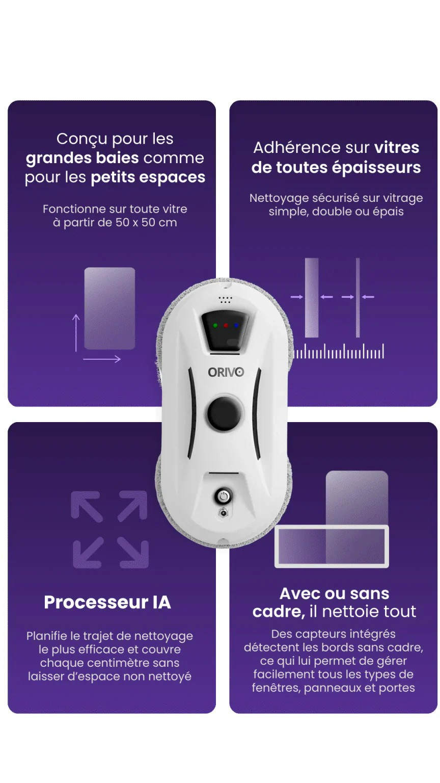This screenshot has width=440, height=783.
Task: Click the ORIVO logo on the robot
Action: click(x=226, y=372)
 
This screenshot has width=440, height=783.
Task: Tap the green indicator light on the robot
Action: click(x=215, y=325)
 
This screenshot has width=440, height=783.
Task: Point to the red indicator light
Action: click(x=226, y=325)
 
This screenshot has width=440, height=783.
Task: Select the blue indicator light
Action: click(x=236, y=325)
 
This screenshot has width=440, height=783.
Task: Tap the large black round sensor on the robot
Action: click(x=224, y=413)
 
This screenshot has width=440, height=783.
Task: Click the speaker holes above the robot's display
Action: click(x=226, y=300)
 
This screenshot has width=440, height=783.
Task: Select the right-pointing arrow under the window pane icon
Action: click(x=102, y=359)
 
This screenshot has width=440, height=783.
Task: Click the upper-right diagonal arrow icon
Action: click(x=132, y=506)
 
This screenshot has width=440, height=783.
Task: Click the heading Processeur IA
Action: click(x=107, y=602)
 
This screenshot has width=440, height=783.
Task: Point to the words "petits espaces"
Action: click(x=148, y=177)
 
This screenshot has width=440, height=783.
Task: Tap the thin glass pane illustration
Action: click(x=358, y=298)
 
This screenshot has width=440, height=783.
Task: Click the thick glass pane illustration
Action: click(x=312, y=298)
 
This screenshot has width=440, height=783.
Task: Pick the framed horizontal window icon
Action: click(x=332, y=546)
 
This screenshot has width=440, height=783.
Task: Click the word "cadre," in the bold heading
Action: click(x=279, y=611)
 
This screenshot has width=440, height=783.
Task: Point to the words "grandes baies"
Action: click(x=82, y=159)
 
